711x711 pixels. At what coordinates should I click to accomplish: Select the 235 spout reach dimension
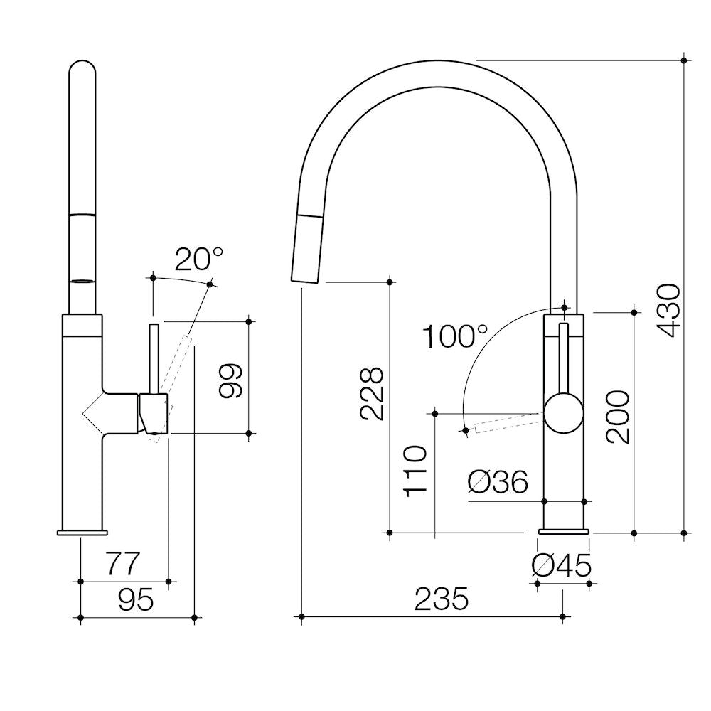coord(442,599)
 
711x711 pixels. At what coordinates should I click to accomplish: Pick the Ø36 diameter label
coord(498,483)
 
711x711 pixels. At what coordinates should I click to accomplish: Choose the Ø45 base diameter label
coord(562,566)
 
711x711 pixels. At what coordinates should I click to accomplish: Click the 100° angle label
coord(455,336)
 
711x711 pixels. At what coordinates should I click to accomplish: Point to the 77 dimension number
coord(124,564)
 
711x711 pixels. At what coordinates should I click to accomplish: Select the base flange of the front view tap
coord(82,532)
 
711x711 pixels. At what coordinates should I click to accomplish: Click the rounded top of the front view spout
coord(82,68)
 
